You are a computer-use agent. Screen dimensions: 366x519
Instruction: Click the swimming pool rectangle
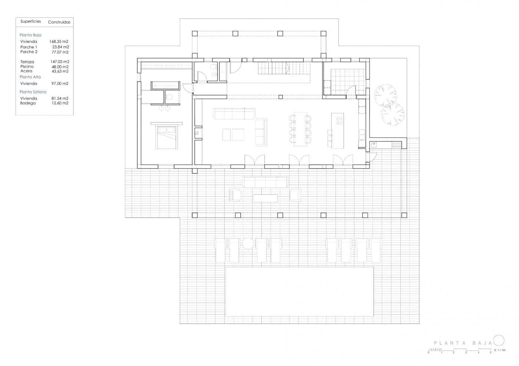click(x=299, y=291)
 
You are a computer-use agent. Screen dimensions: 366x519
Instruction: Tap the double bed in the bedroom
click(x=166, y=137)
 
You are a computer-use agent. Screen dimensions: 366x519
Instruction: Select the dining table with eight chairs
click(x=300, y=129)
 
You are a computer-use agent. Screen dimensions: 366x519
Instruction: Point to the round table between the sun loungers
click(x=248, y=243)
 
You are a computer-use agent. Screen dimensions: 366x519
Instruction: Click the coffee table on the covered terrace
click(x=265, y=198)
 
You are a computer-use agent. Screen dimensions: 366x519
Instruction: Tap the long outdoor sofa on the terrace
click(x=265, y=182)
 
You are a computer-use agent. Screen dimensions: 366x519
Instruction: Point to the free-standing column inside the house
click(x=280, y=97)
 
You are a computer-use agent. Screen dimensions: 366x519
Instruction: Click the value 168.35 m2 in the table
click(x=59, y=42)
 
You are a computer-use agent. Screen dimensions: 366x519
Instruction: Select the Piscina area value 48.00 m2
click(x=60, y=67)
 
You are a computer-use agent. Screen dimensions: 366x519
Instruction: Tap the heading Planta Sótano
click(x=33, y=92)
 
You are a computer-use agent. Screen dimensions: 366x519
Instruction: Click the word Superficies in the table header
click(x=30, y=21)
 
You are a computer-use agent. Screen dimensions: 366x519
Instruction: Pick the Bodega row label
click(x=28, y=103)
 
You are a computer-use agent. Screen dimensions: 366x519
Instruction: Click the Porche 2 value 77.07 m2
click(x=60, y=52)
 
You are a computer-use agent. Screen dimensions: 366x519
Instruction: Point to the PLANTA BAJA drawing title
click(x=463, y=343)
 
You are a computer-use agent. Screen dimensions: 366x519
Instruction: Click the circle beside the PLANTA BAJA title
click(x=499, y=340)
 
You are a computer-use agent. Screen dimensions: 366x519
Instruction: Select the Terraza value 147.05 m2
click(x=60, y=62)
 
